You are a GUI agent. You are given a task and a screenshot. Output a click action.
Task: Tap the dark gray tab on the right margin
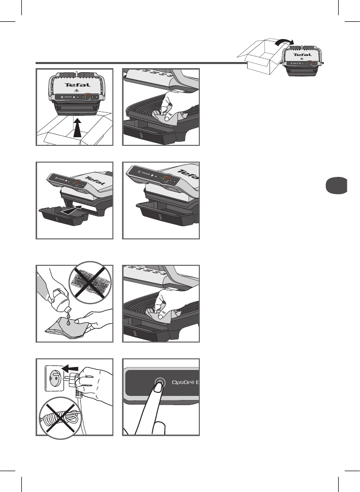click(x=336, y=185)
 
